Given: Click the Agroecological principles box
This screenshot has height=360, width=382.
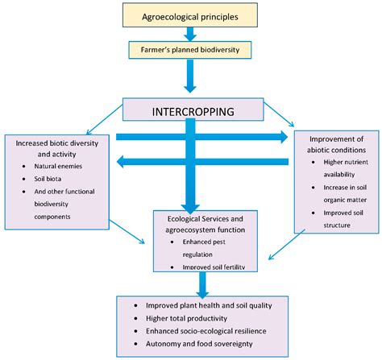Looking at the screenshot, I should pos(191,14).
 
